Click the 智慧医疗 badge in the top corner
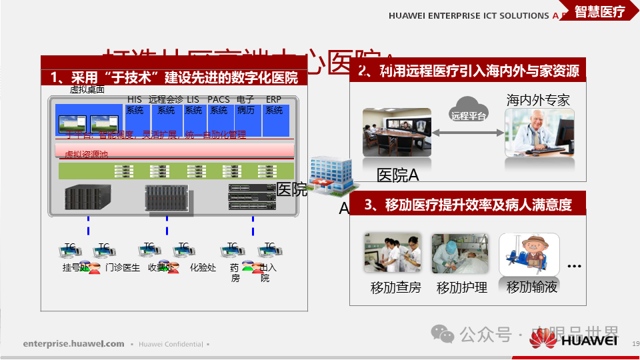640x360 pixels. coord(599,12)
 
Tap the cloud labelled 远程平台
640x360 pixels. coord(469,109)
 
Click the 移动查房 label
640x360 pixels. coord(396,288)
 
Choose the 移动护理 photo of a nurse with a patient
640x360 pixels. coord(460,254)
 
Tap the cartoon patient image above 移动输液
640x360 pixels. coord(529,254)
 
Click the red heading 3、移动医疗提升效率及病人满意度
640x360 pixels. coord(467,204)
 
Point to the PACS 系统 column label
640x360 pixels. coord(219,105)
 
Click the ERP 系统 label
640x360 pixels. coord(274,105)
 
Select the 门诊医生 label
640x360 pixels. coord(123,267)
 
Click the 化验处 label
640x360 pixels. coord(203,267)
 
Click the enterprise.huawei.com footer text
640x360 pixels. coord(73,344)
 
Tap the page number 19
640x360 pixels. coord(635,343)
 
